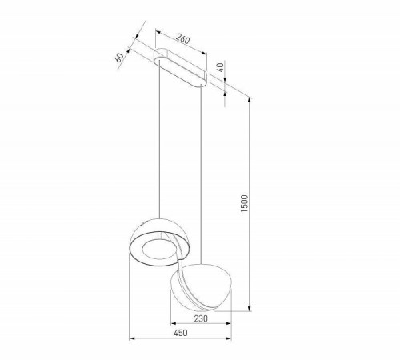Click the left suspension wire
(166, 144)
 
